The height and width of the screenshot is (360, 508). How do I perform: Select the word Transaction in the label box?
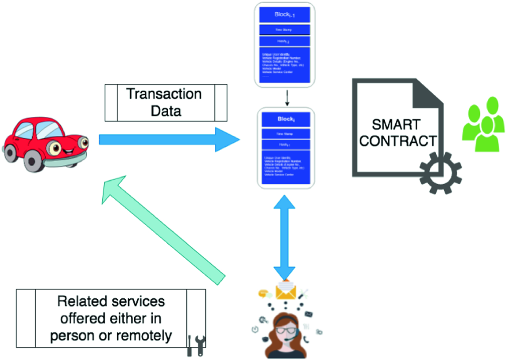(x=164, y=94)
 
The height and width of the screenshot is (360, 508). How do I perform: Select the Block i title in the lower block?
(x=286, y=119)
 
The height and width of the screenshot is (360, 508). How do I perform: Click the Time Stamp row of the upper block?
(x=285, y=30)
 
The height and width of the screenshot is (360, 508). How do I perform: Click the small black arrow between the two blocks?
(x=287, y=97)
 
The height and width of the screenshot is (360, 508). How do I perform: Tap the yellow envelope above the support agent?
(x=286, y=291)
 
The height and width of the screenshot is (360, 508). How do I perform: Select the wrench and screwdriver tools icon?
(x=196, y=346)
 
